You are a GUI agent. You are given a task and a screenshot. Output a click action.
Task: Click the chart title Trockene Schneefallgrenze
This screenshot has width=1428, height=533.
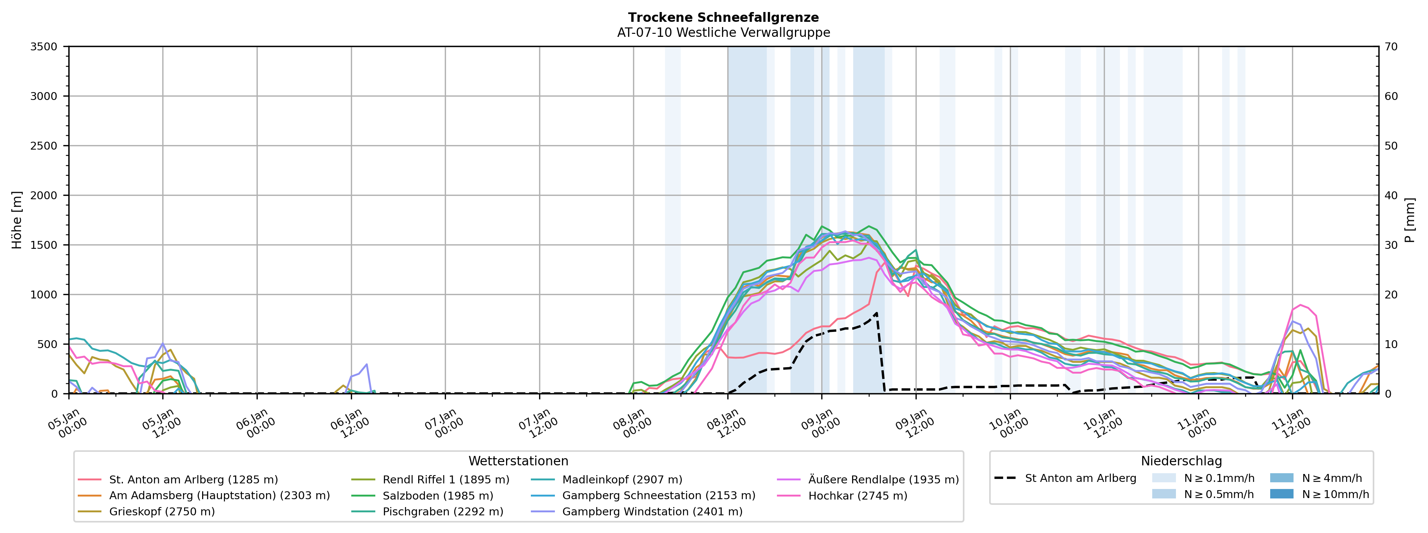724,18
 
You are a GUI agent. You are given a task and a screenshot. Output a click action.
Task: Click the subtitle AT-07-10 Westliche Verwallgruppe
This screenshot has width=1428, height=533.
724,33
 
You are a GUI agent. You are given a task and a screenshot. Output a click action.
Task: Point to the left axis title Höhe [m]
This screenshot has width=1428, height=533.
17,220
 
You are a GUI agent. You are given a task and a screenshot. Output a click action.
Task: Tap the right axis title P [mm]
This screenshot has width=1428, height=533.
1410,220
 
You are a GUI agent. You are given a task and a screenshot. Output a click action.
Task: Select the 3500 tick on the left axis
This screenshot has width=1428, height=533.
44,47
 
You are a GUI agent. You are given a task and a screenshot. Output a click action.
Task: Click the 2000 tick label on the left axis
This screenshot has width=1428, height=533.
44,195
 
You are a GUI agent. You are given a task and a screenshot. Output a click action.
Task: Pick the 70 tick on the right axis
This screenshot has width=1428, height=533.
1391,47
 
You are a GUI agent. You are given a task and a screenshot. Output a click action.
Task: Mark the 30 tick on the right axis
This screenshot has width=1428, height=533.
1391,245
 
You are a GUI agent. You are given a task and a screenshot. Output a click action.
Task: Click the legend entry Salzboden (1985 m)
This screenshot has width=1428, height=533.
437,495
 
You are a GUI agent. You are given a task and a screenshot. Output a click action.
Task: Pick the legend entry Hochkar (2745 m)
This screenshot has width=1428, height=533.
858,495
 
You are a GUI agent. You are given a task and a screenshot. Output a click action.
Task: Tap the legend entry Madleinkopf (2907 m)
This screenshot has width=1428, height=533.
622,479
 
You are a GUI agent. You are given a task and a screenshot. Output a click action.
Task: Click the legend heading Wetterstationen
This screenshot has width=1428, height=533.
518,461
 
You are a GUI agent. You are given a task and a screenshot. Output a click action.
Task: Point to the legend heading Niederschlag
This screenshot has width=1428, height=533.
1181,461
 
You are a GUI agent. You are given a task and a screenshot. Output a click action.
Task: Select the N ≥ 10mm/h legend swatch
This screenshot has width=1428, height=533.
1281,494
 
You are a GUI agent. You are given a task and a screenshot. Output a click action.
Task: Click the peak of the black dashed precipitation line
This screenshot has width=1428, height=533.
876,313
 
